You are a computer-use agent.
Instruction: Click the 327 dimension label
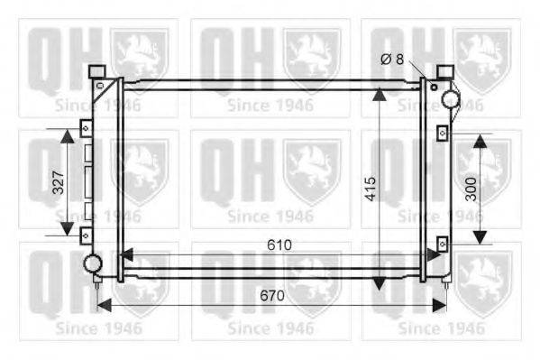[x=59, y=182]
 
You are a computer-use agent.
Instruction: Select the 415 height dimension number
[x=371, y=189]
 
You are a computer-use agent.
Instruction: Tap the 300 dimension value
[x=471, y=189]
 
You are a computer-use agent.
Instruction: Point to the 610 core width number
[x=279, y=245]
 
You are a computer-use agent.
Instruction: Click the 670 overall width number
[x=272, y=296]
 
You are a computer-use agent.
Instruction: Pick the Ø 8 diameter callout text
[x=392, y=60]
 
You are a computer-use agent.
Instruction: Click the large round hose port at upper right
[x=451, y=99]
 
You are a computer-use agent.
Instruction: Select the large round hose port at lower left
[x=93, y=263]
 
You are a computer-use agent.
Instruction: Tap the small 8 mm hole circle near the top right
[x=434, y=87]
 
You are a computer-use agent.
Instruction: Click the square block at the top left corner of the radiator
[x=96, y=71]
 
